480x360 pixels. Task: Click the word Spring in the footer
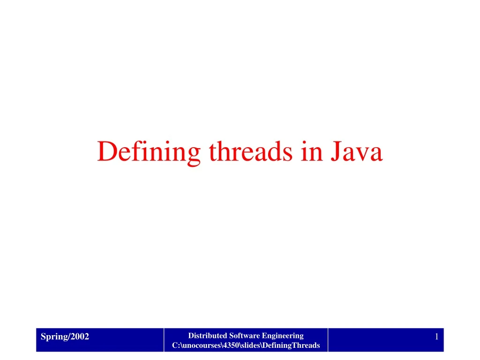[x=51, y=337]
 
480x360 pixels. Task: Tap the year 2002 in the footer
[x=80, y=336]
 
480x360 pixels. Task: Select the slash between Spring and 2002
[x=69, y=336]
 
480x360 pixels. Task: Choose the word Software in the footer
[x=244, y=336]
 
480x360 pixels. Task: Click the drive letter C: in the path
[x=175, y=345]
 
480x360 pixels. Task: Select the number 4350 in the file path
[x=229, y=345]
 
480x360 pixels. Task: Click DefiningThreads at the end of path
[x=291, y=345]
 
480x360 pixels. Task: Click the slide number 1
[x=436, y=337]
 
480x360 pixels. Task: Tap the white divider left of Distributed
[x=164, y=340]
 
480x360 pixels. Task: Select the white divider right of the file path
[x=328, y=340]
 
